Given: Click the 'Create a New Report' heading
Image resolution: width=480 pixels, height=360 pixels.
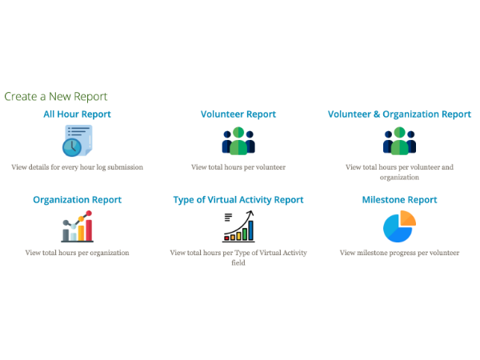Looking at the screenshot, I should [x=56, y=96].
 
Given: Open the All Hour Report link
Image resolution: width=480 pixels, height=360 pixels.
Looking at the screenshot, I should [x=77, y=114].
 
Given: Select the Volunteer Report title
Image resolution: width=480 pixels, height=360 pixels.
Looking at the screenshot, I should [x=238, y=114].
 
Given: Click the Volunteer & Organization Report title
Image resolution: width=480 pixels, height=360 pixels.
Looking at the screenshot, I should [x=399, y=114].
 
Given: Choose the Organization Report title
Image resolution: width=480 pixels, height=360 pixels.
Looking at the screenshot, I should [x=77, y=200].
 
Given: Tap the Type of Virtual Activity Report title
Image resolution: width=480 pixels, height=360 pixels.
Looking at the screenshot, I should [x=238, y=200].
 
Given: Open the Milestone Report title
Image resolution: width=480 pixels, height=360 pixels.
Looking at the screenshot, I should [x=399, y=200].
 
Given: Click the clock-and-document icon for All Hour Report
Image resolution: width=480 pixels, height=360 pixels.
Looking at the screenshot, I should [x=77, y=141].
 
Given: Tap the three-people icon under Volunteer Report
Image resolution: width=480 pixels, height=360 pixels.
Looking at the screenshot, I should [x=238, y=141].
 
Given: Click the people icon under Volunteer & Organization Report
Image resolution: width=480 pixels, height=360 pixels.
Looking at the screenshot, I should [x=399, y=141].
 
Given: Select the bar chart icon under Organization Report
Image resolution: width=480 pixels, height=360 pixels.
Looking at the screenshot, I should [x=77, y=226].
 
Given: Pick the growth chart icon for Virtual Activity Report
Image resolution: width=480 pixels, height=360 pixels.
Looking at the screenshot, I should [x=238, y=226].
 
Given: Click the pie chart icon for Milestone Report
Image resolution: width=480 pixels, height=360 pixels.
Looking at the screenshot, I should [x=399, y=226].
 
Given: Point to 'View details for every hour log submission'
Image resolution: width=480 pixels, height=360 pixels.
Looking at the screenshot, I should [x=77, y=167].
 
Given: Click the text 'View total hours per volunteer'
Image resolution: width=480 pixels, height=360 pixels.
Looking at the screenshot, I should [x=238, y=167].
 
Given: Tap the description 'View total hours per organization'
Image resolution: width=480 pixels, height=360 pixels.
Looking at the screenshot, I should [x=77, y=253].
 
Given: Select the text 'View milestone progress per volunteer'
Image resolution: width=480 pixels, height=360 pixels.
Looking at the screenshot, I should [x=399, y=253].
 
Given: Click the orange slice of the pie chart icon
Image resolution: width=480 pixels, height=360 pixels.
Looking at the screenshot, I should [x=407, y=218].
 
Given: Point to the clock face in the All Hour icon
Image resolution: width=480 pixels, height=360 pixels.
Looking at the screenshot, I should [x=70, y=147].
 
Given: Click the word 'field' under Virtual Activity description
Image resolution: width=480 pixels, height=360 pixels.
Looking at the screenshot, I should [x=238, y=262].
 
